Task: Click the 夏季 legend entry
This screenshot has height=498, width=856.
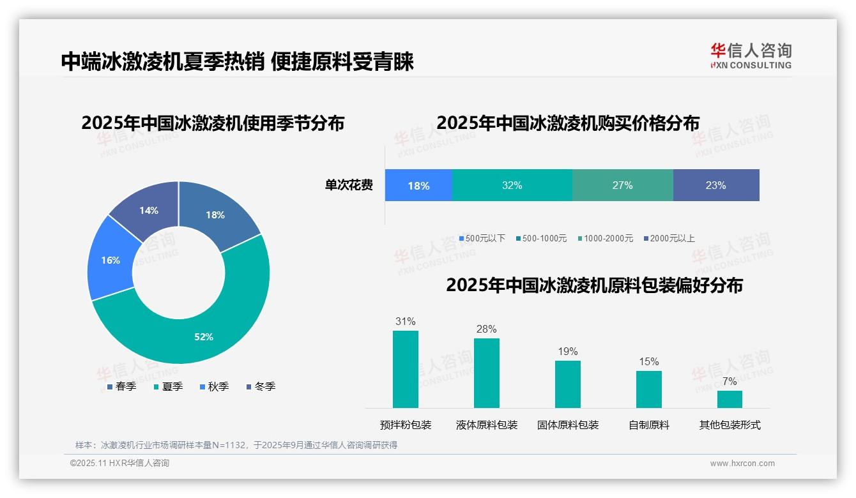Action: click(x=168, y=386)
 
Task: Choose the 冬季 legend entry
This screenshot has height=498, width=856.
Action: click(x=260, y=386)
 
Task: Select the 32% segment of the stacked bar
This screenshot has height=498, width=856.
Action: click(x=512, y=185)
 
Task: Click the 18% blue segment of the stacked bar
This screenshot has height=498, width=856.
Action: click(x=418, y=185)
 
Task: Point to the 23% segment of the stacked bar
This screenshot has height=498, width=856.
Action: click(x=715, y=185)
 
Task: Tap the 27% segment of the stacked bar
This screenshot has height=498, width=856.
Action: click(x=622, y=185)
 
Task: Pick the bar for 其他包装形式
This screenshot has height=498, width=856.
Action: click(x=730, y=399)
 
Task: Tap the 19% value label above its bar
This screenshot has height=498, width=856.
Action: click(x=567, y=351)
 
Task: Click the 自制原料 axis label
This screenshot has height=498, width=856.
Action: click(x=649, y=425)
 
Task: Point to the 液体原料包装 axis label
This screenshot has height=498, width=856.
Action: click(x=487, y=425)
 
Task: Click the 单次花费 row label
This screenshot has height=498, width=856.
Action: click(x=349, y=185)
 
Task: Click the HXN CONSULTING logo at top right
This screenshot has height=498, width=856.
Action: click(x=751, y=56)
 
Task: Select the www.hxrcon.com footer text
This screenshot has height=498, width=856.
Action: click(x=742, y=463)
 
